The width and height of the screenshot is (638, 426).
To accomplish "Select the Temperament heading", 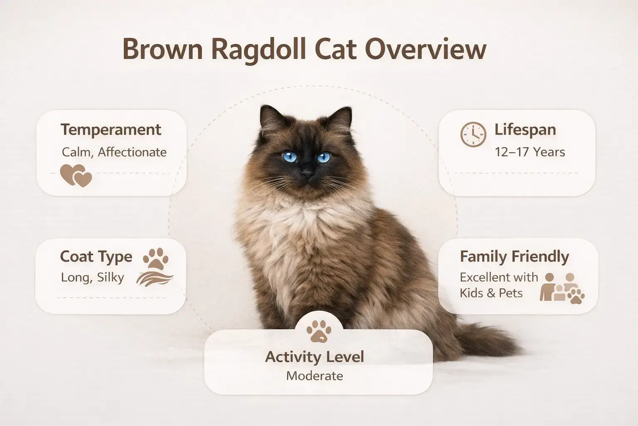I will click(111, 130).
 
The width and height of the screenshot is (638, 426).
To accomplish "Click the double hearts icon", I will click(76, 175).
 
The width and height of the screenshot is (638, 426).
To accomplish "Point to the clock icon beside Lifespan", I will click(473, 134).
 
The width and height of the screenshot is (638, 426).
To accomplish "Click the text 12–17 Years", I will click(530, 152).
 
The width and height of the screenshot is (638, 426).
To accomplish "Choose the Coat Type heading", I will click(96, 257).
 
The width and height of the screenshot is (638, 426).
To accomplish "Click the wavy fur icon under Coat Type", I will click(155, 278).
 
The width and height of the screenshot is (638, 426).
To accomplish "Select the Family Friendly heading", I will click(514, 257).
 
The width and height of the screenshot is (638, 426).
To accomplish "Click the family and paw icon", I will click(562, 287).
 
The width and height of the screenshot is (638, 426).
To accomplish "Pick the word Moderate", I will click(314, 376).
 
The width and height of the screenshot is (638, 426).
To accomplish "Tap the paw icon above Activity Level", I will click(319, 331).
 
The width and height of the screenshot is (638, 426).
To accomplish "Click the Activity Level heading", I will click(314, 357).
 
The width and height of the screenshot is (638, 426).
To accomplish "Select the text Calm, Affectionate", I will click(114, 152).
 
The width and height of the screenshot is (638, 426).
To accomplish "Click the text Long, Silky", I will click(92, 277).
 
